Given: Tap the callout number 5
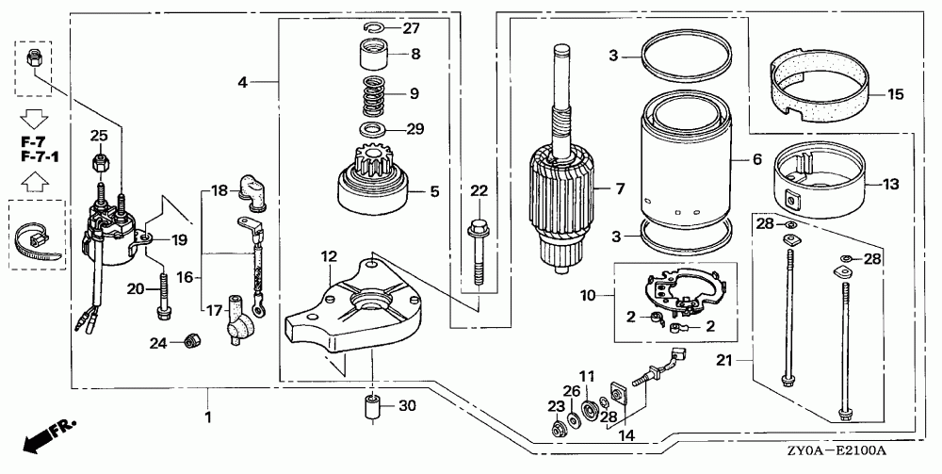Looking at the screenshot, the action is click(x=433, y=191).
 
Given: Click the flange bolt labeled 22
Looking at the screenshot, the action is click(x=478, y=253).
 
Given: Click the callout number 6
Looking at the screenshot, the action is click(x=756, y=159).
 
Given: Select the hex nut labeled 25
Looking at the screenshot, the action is click(x=100, y=161).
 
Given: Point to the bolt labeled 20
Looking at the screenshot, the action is click(x=163, y=296).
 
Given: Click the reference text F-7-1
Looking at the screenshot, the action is click(x=44, y=156).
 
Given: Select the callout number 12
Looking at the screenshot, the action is click(x=329, y=256).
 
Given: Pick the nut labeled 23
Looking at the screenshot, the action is click(x=558, y=429).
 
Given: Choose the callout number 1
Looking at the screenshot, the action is click(x=208, y=417).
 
